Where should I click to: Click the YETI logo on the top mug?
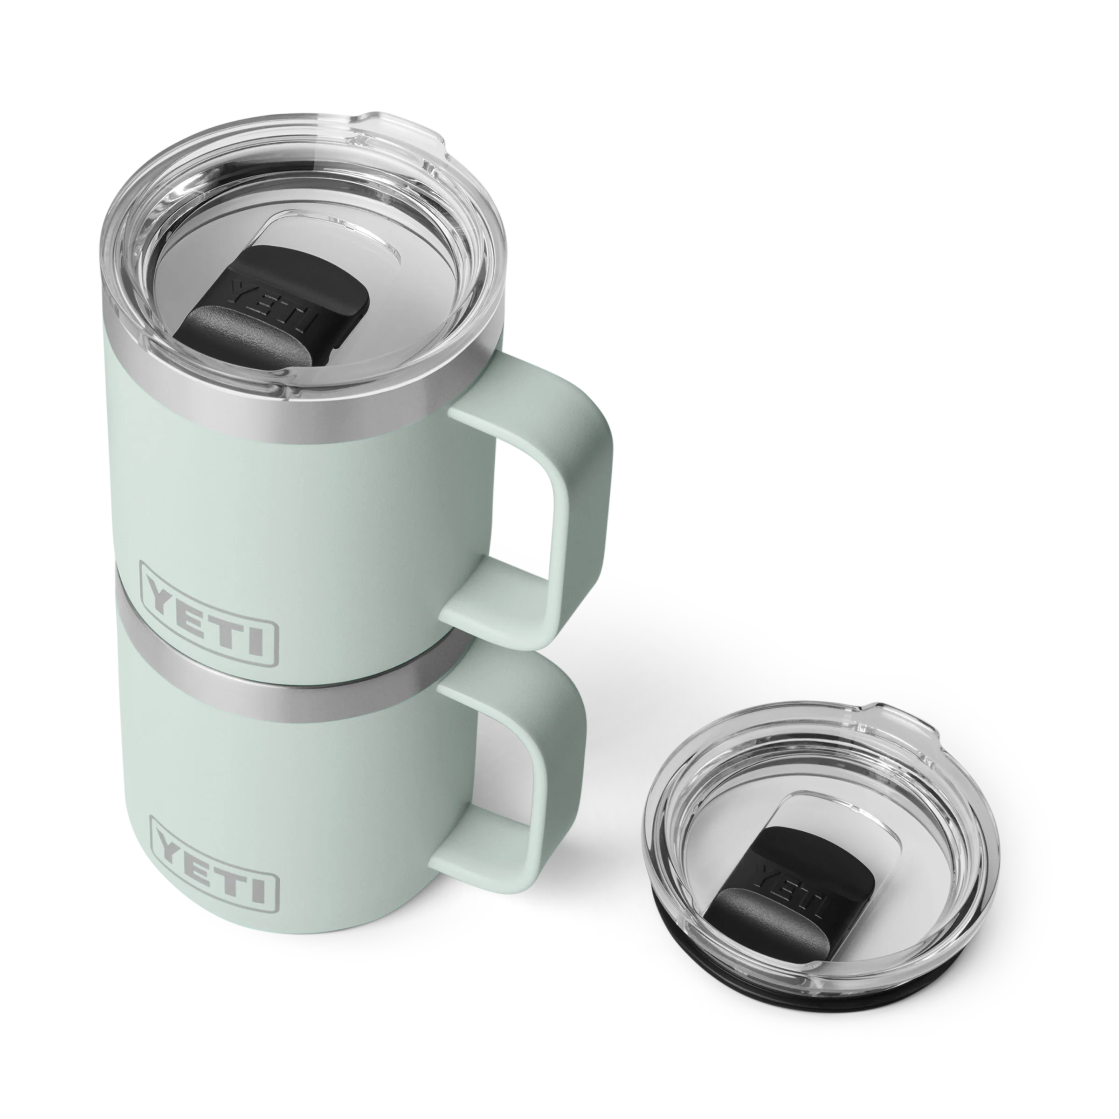[208, 614]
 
